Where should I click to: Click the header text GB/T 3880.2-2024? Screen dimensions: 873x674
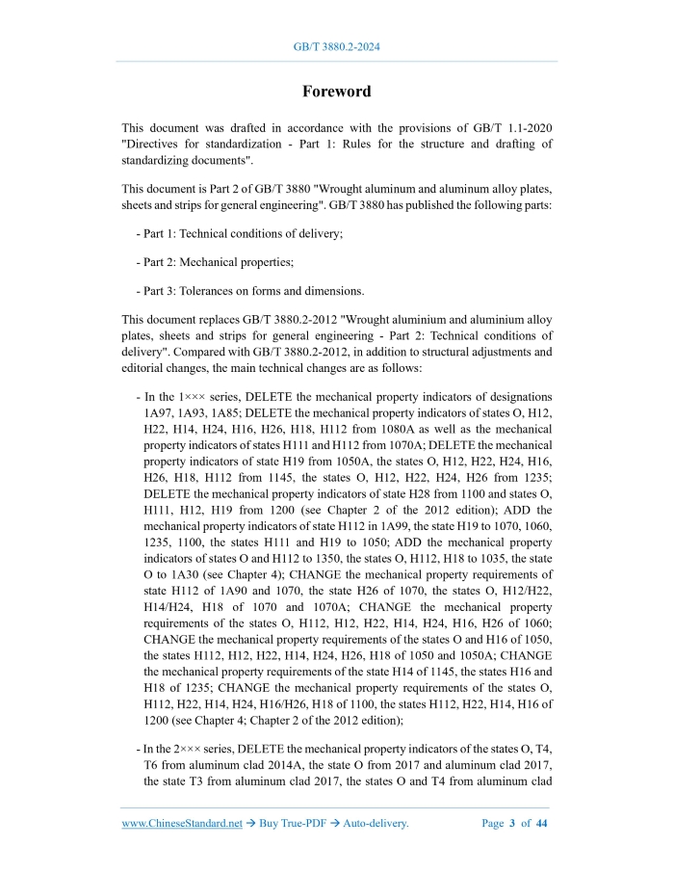[x=336, y=46]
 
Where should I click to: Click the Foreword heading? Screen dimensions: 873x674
[x=336, y=92]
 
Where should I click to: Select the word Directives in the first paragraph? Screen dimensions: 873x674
[x=158, y=145]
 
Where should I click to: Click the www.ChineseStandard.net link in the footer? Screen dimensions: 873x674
[x=182, y=823]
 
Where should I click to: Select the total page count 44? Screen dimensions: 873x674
[x=541, y=823]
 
